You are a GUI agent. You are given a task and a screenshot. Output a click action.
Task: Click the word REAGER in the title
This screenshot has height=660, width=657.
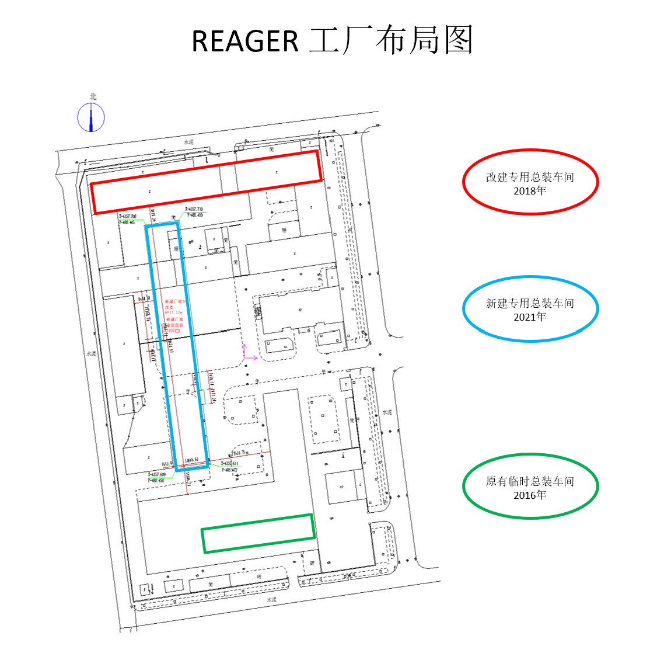[x=245, y=41]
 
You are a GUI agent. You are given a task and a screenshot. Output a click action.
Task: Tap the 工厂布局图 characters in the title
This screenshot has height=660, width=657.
[x=390, y=41]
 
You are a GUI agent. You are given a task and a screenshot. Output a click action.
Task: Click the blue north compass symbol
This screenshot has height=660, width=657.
[x=91, y=117]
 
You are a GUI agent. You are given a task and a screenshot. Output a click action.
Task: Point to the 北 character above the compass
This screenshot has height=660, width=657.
[x=93, y=96]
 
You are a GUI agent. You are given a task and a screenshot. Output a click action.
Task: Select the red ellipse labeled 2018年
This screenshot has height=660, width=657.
[x=530, y=182]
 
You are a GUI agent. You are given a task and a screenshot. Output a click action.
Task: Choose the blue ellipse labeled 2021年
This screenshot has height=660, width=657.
[x=530, y=308]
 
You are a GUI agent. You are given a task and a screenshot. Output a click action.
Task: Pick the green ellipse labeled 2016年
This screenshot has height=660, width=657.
[x=530, y=486]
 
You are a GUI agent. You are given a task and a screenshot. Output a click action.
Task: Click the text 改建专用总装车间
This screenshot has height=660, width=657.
[x=530, y=177]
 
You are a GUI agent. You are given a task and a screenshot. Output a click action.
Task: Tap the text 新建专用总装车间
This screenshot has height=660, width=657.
[x=530, y=303]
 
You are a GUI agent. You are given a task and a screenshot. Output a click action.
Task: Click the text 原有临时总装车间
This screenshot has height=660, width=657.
[x=530, y=481]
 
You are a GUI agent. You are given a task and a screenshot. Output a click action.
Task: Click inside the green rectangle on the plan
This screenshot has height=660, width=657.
[x=258, y=533]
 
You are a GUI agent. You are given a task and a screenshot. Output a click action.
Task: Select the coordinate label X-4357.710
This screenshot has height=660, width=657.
[x=194, y=209]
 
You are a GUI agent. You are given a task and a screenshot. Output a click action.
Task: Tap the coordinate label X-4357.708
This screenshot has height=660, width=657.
[x=127, y=216]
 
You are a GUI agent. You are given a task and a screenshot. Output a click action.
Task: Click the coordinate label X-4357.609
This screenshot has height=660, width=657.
[x=156, y=475]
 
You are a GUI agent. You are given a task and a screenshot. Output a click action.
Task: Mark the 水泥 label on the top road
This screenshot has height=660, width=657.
[x=188, y=142]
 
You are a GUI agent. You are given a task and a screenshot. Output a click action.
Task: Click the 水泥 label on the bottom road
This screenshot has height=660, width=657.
[x=271, y=600]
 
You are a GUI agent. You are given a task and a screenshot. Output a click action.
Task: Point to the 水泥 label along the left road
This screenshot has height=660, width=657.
[x=91, y=353]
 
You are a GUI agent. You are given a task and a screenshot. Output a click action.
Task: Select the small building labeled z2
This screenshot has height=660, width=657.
[x=342, y=487]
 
